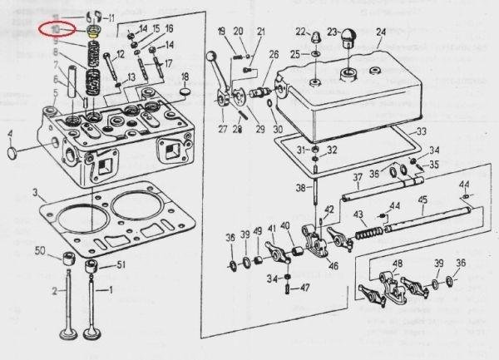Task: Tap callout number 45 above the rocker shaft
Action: click(x=422, y=200)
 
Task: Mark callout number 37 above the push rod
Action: click(x=356, y=176)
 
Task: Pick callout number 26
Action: click(x=273, y=55)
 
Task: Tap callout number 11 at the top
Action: click(x=112, y=17)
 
